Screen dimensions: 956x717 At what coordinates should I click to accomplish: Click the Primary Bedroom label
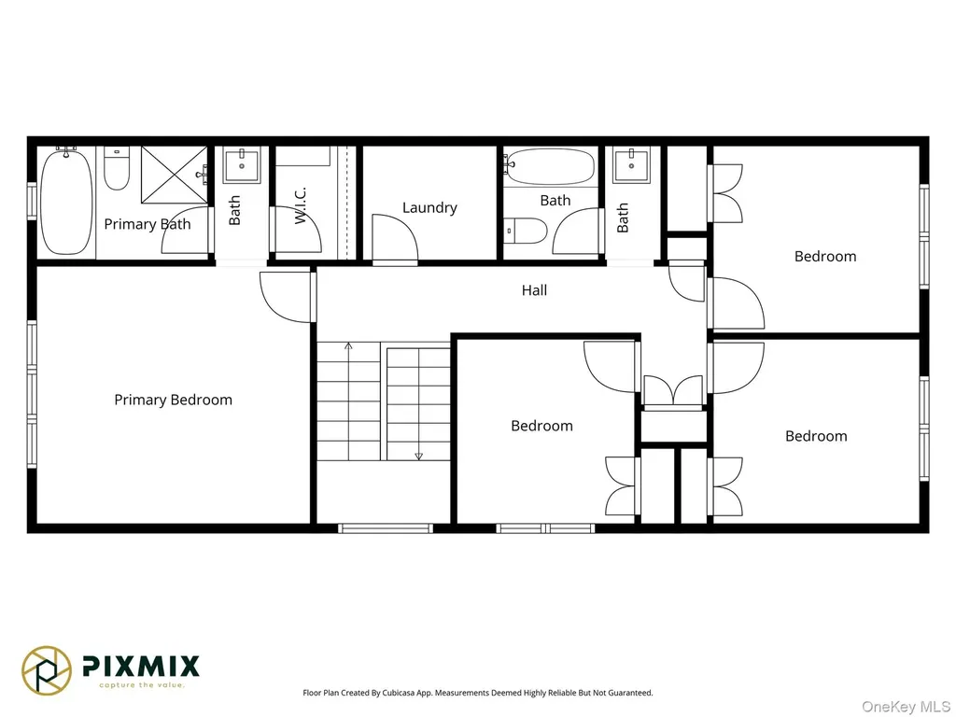click(173, 400)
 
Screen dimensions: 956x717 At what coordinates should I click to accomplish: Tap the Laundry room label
click(429, 208)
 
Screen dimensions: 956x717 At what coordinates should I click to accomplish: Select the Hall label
click(534, 290)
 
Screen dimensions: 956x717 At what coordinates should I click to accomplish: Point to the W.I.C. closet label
click(300, 205)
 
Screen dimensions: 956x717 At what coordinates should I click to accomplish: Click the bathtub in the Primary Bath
click(66, 202)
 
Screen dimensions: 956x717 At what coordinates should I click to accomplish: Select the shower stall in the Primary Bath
click(175, 175)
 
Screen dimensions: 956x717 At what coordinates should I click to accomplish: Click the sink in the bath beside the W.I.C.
click(242, 164)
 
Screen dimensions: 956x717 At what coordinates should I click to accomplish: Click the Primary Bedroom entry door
click(287, 297)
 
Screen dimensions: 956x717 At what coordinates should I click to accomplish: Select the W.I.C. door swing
click(298, 230)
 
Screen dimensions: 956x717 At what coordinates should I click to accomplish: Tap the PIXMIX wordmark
click(141, 666)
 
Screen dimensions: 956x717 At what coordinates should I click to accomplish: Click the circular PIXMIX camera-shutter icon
click(47, 670)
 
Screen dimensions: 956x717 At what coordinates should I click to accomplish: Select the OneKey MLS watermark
click(906, 707)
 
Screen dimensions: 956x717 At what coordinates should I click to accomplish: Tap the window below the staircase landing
click(386, 528)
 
